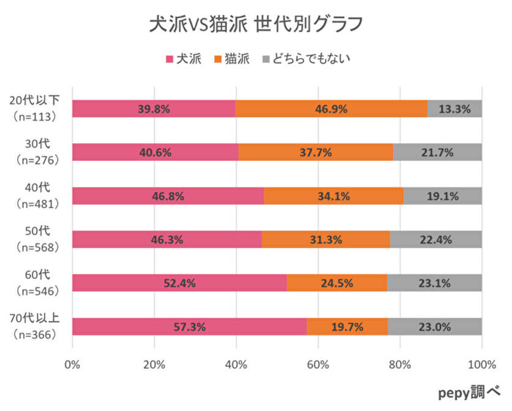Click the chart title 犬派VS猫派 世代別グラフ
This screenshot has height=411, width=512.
coord(256,25)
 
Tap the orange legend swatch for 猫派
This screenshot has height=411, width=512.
coord(218,60)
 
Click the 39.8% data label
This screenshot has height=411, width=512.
coord(154,109)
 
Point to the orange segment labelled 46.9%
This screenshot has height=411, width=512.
coord(332,109)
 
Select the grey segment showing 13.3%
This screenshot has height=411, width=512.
coord(454,109)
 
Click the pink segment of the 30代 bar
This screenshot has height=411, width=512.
coord(155,152)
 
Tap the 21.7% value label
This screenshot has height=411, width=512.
coord(437,152)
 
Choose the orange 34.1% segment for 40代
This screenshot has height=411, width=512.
coord(333,196)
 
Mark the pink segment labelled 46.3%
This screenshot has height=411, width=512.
coord(167,239)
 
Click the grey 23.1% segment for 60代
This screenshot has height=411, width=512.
coord(434,283)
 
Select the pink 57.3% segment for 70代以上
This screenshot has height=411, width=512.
coord(189,326)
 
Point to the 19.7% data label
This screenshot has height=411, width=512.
coord(347,326)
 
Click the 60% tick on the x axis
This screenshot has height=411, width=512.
coord(318,365)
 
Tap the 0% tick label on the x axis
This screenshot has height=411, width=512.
coord(72,365)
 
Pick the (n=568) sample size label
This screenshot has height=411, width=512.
coord(37,248)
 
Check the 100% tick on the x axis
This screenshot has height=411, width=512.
coord(481,365)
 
